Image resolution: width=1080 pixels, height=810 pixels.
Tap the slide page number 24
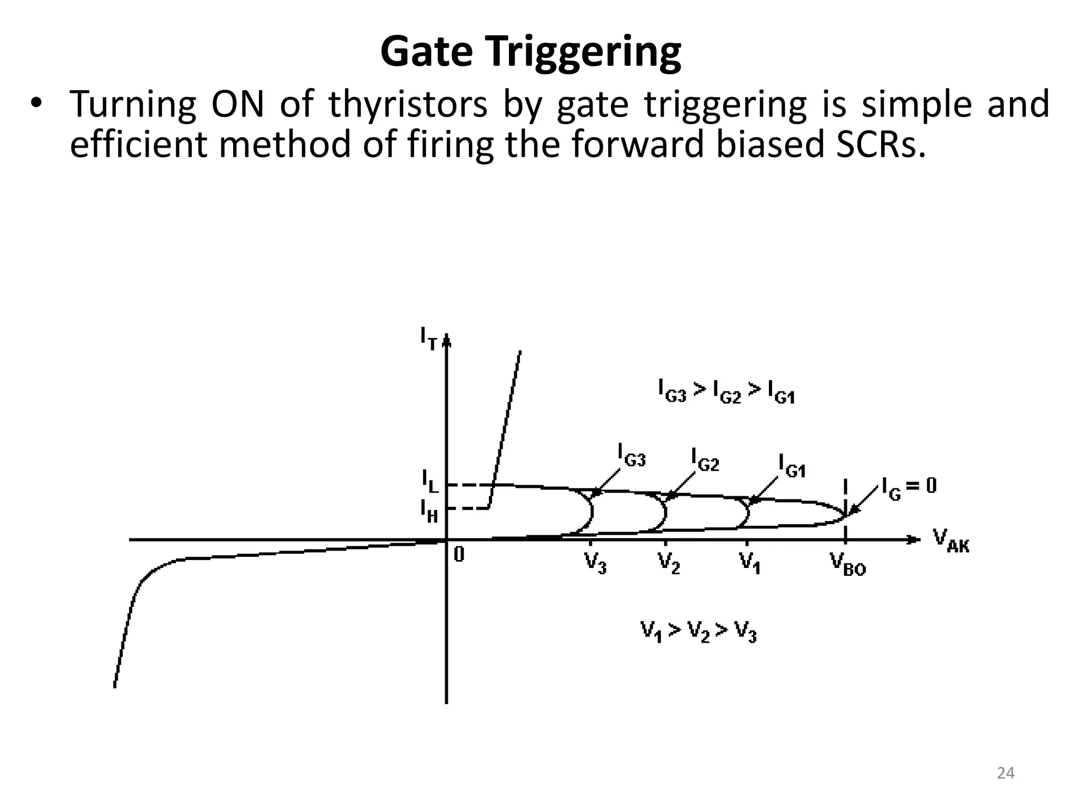point(1006,773)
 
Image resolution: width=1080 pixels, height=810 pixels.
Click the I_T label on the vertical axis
point(429,338)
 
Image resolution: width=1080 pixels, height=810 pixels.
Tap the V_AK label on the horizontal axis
point(951,541)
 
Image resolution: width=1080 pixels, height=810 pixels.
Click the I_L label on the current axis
point(430,481)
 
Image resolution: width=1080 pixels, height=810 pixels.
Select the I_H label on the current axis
point(429,510)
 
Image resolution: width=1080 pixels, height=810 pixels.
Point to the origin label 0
point(459,554)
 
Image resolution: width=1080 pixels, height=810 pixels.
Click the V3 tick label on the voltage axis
point(595,562)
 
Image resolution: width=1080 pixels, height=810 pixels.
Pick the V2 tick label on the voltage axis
point(669,562)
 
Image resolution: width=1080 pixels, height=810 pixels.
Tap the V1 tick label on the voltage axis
point(749,562)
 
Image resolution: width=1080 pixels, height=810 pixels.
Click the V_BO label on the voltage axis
point(847,564)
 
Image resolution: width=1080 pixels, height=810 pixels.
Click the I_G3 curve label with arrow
point(631,455)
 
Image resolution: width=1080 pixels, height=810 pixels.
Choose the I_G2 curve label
point(705,459)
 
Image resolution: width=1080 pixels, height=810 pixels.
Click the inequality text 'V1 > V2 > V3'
point(699,631)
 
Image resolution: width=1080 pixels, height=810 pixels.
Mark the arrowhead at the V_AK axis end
point(914,539)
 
